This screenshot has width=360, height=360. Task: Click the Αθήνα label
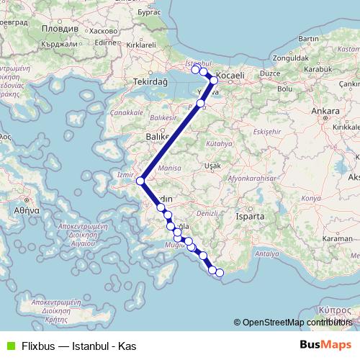click(x=24, y=212)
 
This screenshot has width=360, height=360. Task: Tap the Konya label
click(x=312, y=197)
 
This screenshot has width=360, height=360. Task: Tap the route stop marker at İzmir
click(x=141, y=181)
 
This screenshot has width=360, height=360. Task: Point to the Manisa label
click(x=171, y=167)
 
